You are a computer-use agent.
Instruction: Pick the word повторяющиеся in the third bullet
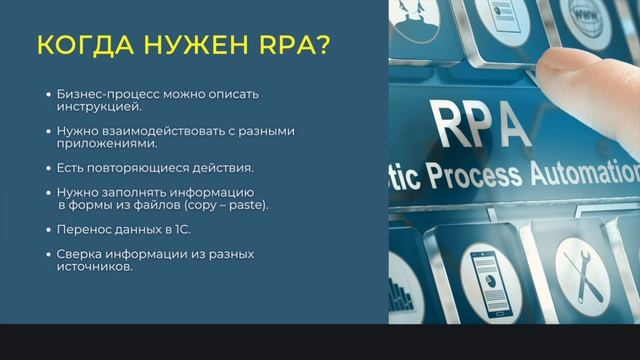pos(137,167)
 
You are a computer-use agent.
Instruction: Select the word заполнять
pos(130,192)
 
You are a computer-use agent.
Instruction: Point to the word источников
pos(96,266)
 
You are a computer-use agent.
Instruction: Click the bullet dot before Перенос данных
pos(48,229)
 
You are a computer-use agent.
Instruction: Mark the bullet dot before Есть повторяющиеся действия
pos(48,167)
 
